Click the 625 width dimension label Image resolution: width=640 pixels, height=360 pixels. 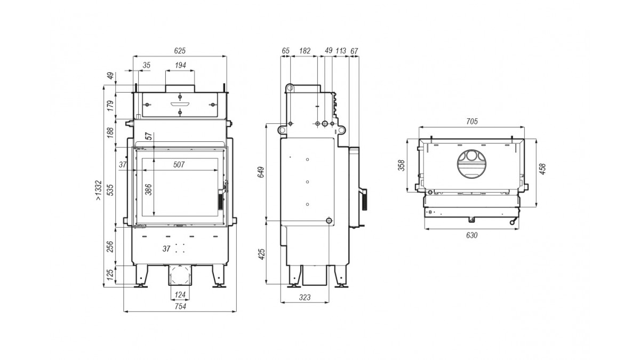click(180, 51)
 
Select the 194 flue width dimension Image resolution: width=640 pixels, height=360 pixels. click(180, 65)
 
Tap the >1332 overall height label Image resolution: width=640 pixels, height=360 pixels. click(98, 190)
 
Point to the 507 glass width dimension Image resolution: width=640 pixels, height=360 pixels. click(179, 165)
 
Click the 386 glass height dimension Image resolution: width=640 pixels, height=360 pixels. click(149, 190)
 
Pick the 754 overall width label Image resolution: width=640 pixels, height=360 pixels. click(180, 307)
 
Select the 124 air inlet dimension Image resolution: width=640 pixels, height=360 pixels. click(180, 294)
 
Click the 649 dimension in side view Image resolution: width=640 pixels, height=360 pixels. click(261, 172)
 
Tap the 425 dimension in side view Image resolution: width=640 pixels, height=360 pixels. click(261, 254)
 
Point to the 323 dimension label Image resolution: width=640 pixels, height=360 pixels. click(305, 298)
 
